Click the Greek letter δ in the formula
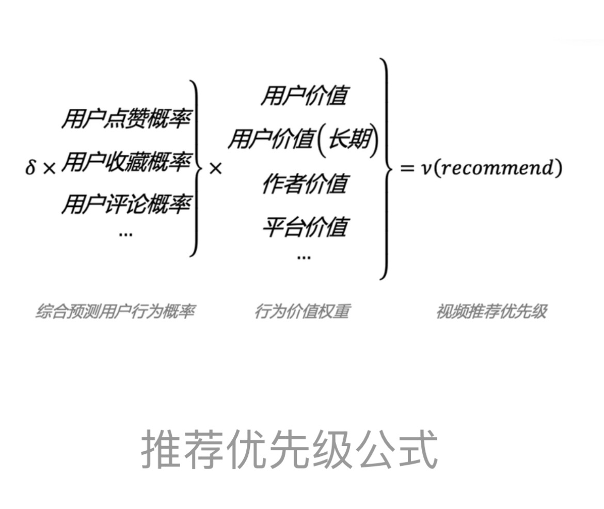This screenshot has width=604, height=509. tap(30, 168)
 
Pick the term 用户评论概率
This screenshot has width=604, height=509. tap(126, 204)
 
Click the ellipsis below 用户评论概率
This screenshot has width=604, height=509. tap(125, 234)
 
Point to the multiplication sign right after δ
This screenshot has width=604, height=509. tap(49, 168)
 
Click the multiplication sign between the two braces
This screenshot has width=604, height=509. tap(215, 168)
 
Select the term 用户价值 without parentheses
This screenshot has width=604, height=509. tap(304, 96)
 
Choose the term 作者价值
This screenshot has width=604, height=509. tap(305, 184)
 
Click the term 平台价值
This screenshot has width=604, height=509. tap(305, 227)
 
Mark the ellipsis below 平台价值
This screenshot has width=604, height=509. tap(304, 257)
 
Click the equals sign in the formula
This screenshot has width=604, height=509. tap(407, 168)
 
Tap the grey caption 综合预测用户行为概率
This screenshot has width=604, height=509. tap(115, 311)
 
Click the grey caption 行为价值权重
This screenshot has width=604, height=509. tap(301, 311)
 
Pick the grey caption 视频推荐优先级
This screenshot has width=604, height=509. tap(491, 311)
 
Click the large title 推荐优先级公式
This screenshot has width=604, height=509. tap(289, 449)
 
